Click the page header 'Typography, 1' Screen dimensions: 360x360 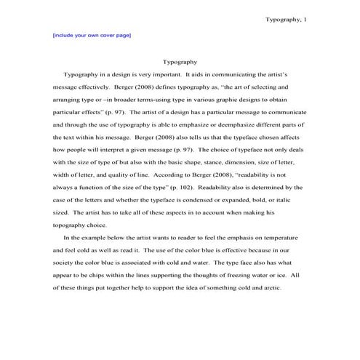pyautogui.click(x=287, y=20)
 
